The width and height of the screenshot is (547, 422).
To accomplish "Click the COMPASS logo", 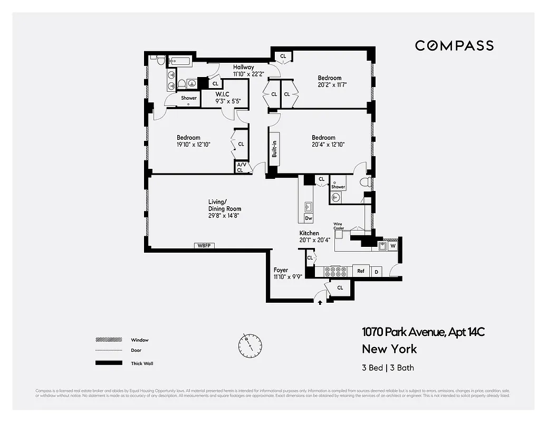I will coord(454,46).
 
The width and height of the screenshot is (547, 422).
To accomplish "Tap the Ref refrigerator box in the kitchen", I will coord(361,271).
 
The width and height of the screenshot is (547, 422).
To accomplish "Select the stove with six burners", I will coord(335,271).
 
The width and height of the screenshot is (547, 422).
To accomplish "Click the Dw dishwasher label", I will coord(309,218).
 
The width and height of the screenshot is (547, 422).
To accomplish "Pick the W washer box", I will coord(392,245).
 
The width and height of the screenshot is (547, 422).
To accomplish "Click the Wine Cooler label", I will coord(339,226).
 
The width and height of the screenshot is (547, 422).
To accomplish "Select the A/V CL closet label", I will coord(241,167).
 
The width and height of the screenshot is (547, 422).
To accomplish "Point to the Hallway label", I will coord(244,67).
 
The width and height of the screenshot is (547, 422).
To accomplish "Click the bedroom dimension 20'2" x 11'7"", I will coord(332,84).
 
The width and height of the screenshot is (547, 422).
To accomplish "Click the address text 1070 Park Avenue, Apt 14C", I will coord(423,332).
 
